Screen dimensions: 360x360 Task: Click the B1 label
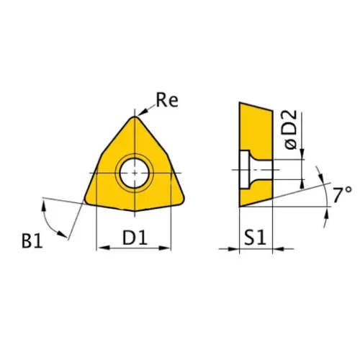pyautogui.click(x=32, y=240)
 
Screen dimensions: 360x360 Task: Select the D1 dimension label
pyautogui.click(x=134, y=236)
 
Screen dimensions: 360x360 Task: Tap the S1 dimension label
pyautogui.click(x=254, y=236)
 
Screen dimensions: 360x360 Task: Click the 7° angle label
pyautogui.click(x=341, y=193)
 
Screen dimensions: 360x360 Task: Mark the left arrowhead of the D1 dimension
pyautogui.click(x=102, y=248)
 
